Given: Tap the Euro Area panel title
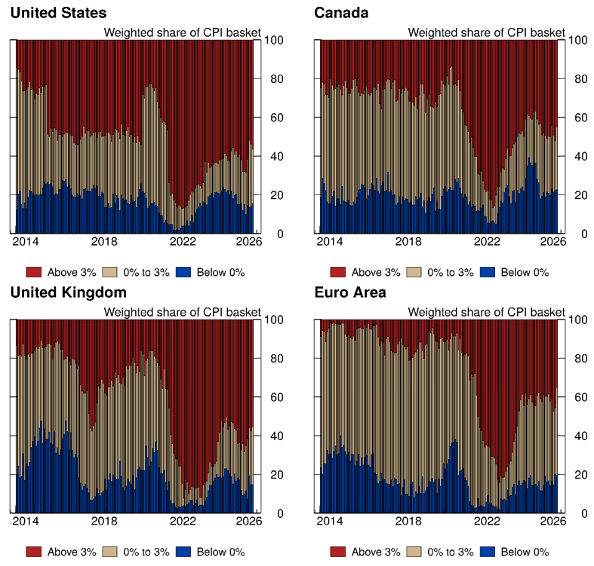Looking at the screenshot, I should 351,292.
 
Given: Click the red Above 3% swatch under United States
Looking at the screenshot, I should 35,272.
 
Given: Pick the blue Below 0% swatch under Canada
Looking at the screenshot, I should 488,272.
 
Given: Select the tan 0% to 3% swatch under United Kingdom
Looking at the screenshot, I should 111,552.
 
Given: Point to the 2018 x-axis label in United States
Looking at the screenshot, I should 104,241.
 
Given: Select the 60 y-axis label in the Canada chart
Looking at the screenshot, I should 575,118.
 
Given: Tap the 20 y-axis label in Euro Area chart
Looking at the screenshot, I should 575,475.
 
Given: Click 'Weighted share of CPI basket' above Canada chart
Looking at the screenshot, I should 486,32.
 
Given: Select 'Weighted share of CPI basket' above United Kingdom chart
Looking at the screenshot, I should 182,312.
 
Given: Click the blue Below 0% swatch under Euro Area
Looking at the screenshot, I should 488,552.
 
